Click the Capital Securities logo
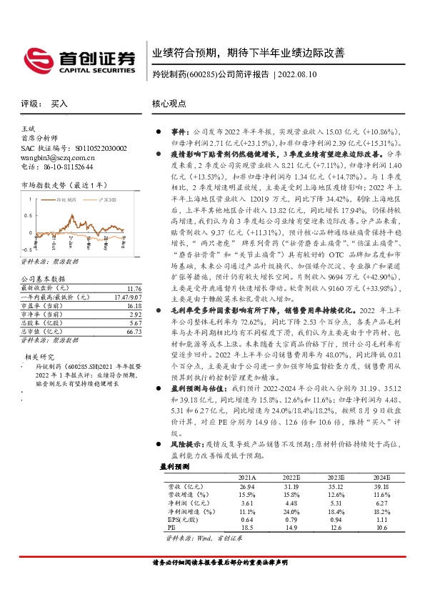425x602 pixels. click(78, 59)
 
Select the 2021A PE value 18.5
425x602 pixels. click(246, 528)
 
